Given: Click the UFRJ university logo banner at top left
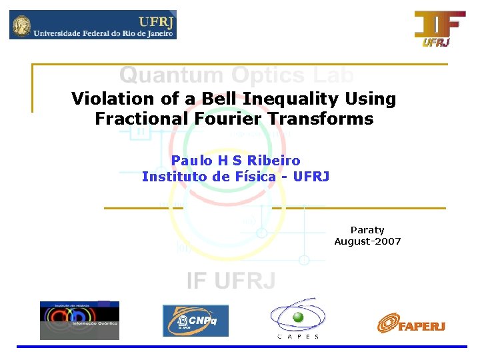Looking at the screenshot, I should pyautogui.click(x=93, y=25).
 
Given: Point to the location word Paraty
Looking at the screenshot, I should pyautogui.click(x=367, y=230).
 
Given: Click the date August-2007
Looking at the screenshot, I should pyautogui.click(x=367, y=241).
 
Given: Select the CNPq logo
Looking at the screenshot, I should pyautogui.click(x=195, y=321).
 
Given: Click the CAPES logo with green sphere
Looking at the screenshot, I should pyautogui.click(x=298, y=317).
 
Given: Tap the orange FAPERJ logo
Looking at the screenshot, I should pyautogui.click(x=411, y=324).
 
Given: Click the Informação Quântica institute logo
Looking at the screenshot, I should pyautogui.click(x=79, y=321).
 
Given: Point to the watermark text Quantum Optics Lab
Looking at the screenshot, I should pyautogui.click(x=236, y=75).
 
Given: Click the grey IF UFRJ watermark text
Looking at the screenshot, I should pyautogui.click(x=231, y=281).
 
